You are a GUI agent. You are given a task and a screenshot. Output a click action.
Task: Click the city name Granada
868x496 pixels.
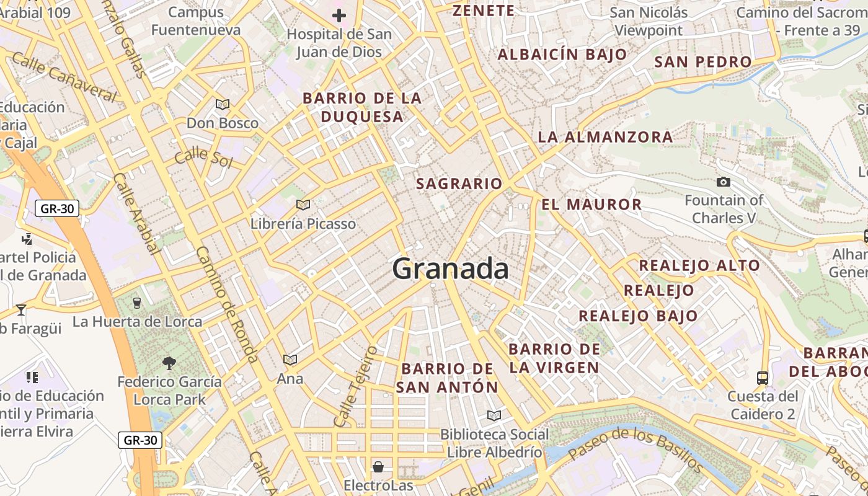click(451, 269)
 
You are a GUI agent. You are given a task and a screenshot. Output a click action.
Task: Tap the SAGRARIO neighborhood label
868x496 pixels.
click(459, 184)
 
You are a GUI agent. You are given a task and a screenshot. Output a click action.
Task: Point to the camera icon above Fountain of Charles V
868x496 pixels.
click(723, 182)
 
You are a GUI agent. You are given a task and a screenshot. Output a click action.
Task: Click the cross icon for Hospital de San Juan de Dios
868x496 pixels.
click(339, 15)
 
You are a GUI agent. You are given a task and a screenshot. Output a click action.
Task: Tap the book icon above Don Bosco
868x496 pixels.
click(223, 104)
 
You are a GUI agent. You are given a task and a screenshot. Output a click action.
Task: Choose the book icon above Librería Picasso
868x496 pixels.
click(303, 205)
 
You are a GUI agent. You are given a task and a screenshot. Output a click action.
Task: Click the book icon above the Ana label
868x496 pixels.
click(290, 360)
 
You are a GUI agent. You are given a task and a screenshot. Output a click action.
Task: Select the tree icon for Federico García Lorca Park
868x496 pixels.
click(169, 363)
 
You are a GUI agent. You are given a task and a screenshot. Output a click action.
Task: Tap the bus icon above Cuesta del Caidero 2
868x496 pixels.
click(762, 378)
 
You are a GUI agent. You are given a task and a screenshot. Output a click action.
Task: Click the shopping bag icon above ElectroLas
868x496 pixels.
click(378, 467)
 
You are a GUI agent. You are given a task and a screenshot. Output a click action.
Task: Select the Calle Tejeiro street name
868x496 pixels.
click(355, 386)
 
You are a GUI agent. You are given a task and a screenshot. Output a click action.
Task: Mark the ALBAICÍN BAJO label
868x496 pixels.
click(562, 55)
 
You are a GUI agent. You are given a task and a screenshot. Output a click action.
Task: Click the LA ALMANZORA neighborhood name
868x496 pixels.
click(605, 137)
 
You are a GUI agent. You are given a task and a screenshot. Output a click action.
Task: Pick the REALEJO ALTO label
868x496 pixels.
click(699, 265)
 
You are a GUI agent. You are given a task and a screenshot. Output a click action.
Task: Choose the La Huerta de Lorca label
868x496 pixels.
click(137, 321)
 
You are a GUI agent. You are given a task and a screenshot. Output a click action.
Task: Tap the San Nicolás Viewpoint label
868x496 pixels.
click(649, 21)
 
